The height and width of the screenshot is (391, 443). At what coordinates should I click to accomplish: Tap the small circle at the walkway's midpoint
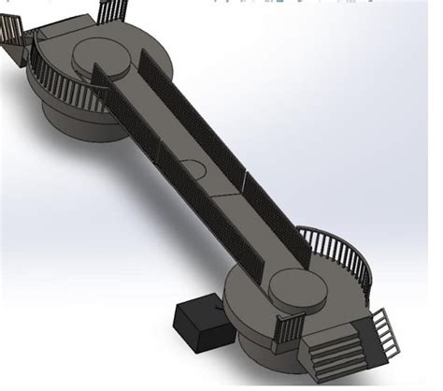tap(194, 167)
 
